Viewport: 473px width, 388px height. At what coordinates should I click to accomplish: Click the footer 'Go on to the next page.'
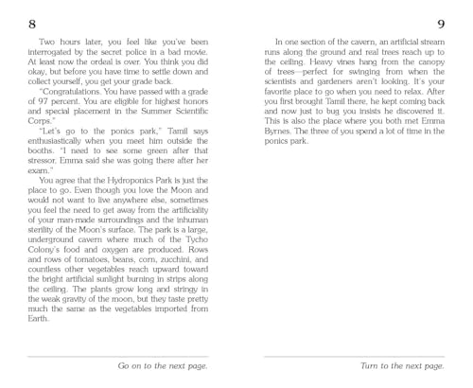click(163, 364)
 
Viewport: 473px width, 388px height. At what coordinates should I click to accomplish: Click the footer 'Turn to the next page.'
click(402, 364)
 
